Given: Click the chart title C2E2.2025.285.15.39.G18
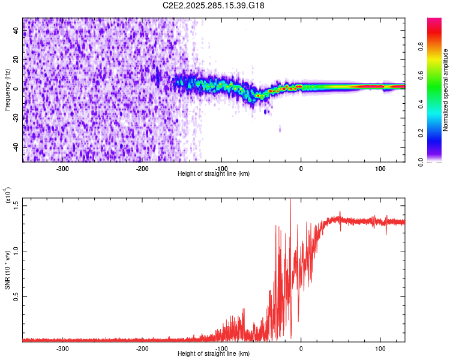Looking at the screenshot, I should tap(214, 6).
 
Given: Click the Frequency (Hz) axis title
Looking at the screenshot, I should tap(7, 90).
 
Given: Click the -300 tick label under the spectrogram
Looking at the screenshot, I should tap(64, 168).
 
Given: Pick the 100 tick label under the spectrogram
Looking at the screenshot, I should tap(380, 168).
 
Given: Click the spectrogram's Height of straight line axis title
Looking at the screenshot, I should tap(214, 174).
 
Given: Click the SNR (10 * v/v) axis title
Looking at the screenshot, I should tap(7, 270).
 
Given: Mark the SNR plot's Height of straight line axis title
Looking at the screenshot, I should tap(214, 354).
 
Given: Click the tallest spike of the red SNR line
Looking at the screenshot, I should tap(290, 200).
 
